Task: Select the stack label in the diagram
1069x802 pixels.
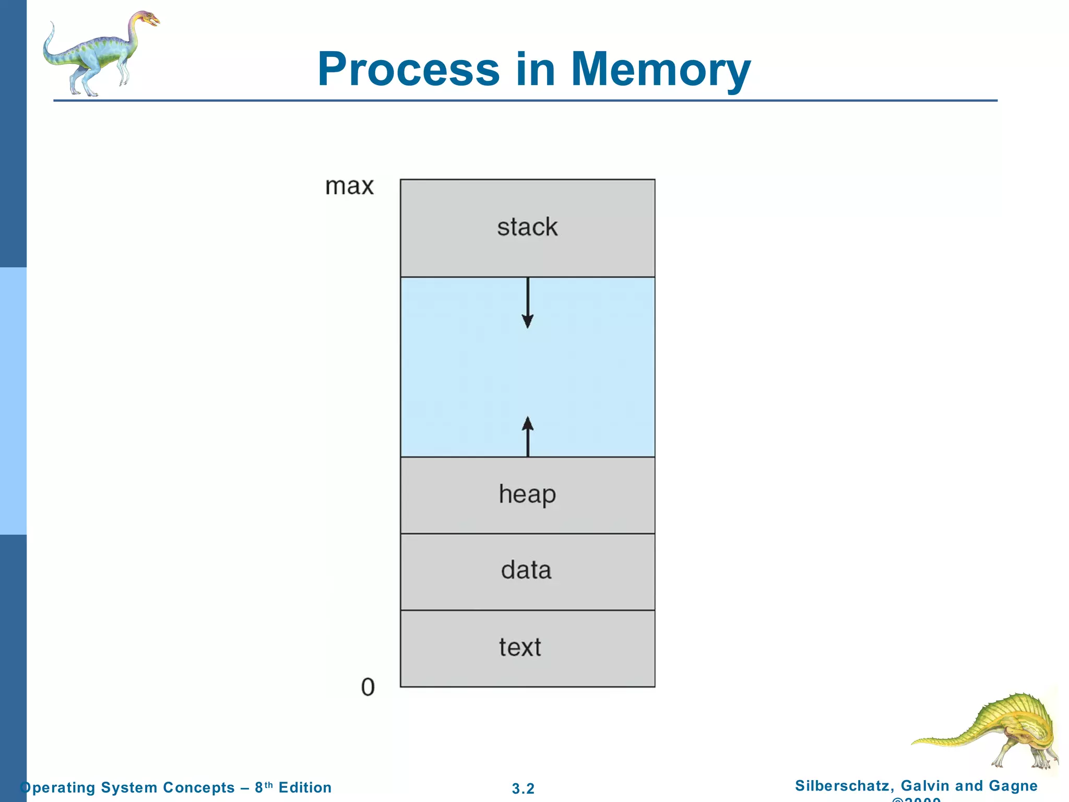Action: click(x=527, y=227)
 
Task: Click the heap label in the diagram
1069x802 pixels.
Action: click(x=527, y=494)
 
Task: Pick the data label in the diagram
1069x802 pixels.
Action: click(x=526, y=570)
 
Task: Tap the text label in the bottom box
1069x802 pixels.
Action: click(x=520, y=647)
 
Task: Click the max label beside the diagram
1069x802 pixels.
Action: click(x=349, y=186)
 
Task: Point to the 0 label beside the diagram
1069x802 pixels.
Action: click(x=368, y=687)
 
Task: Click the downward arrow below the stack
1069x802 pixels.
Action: click(x=528, y=303)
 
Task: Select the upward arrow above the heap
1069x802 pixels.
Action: click(x=528, y=436)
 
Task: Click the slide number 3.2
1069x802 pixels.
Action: click(x=523, y=788)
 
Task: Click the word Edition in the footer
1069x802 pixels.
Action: click(x=305, y=787)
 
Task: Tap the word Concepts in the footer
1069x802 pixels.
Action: click(x=199, y=787)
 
